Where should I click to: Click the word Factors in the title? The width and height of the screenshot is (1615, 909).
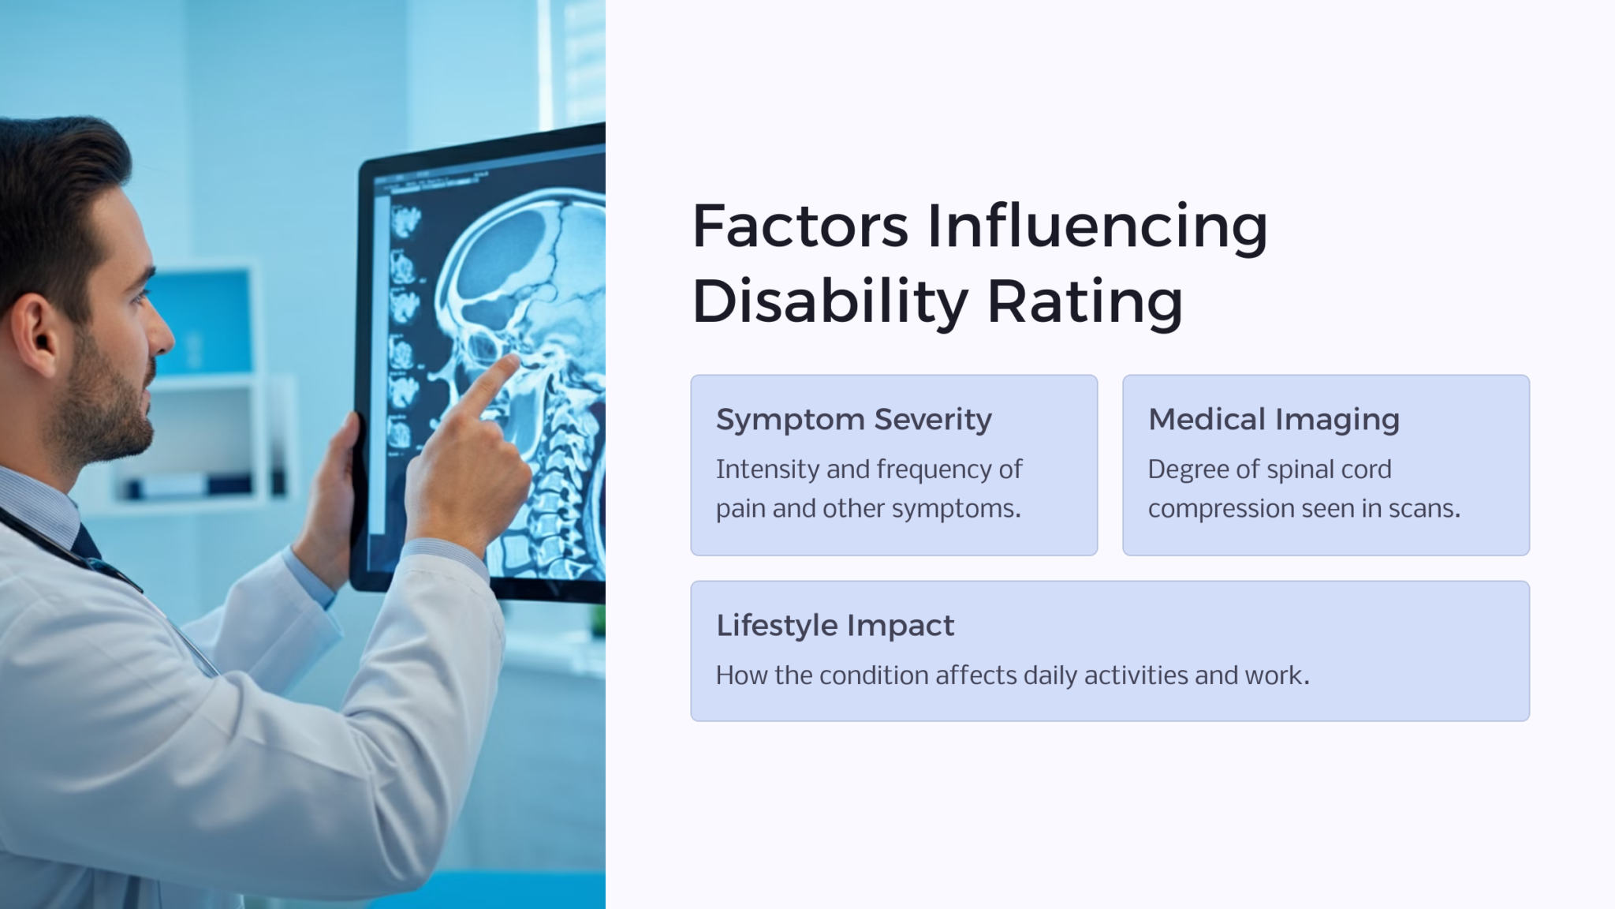[x=800, y=226]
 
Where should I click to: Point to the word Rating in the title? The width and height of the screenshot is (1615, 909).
[x=1085, y=302]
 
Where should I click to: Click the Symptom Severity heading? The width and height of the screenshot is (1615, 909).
[x=853, y=419]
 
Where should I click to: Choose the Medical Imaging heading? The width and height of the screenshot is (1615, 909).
[x=1274, y=419]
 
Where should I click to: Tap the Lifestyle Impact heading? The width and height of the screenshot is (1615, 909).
[x=835, y=625]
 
